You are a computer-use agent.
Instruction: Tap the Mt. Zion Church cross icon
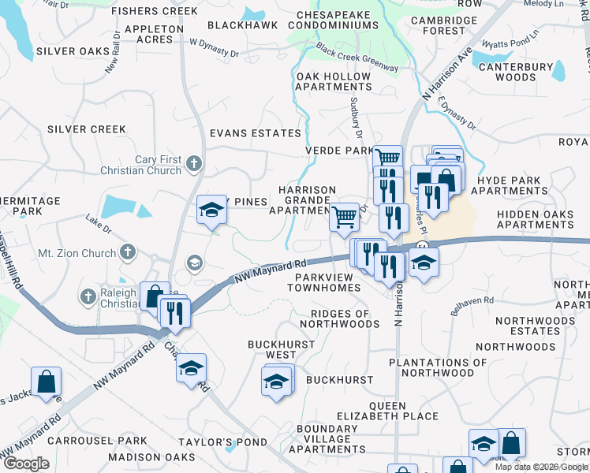pyautogui.click(x=128, y=253)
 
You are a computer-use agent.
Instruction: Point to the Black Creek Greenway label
pyautogui.click(x=357, y=58)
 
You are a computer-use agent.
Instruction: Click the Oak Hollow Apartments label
pyautogui.click(x=332, y=81)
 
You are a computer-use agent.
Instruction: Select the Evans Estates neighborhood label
pyautogui.click(x=255, y=134)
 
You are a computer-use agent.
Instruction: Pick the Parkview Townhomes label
pyautogui.click(x=327, y=282)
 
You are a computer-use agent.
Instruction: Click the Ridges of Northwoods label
pyautogui.click(x=336, y=318)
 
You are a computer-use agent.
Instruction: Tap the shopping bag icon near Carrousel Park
pyautogui.click(x=47, y=381)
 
